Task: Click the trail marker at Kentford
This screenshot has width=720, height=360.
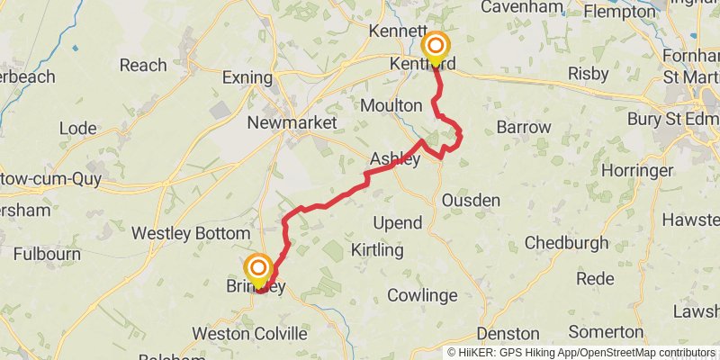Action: click(x=436, y=47)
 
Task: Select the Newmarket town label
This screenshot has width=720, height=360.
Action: click(x=292, y=122)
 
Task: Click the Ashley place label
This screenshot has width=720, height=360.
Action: click(x=395, y=160)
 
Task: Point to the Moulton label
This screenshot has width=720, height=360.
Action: click(x=391, y=105)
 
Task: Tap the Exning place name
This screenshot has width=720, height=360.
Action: click(x=247, y=78)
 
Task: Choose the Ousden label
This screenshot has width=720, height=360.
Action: click(x=471, y=200)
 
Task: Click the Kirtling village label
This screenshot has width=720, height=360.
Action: click(x=377, y=249)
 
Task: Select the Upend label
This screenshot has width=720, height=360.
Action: click(x=396, y=222)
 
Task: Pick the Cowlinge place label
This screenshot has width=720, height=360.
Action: click(x=422, y=295)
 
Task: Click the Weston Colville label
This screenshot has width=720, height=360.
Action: click(x=249, y=334)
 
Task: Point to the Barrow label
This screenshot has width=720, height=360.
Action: click(x=523, y=127)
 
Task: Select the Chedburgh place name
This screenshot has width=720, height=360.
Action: click(x=567, y=243)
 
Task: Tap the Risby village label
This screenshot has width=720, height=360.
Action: click(x=589, y=74)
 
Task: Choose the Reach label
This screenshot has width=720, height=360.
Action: click(x=143, y=65)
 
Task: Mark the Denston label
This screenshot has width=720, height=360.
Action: click(x=508, y=334)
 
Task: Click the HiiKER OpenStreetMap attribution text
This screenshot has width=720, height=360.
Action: click(x=583, y=353)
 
